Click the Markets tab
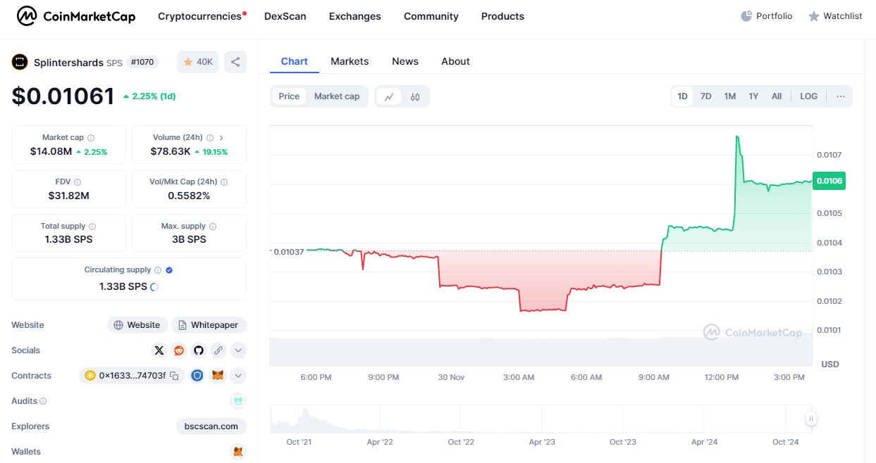pos(350,61)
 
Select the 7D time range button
pos(705,96)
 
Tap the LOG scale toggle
pos(808,96)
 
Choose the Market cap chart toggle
pos(337,96)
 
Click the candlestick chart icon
pos(415,97)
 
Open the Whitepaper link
pos(209,325)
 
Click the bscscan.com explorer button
pos(211,426)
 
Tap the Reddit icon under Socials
pos(179,350)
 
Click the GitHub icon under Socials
pos(198,350)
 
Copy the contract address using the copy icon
pos(174,376)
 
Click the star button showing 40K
pos(197,62)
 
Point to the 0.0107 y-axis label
pos(829,155)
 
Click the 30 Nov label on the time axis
pos(451,377)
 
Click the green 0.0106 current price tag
pos(829,181)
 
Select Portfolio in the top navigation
pos(767,16)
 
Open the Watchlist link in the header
pos(835,16)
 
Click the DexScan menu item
pos(285,16)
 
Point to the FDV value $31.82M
pos(69,196)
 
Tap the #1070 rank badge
pos(142,62)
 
